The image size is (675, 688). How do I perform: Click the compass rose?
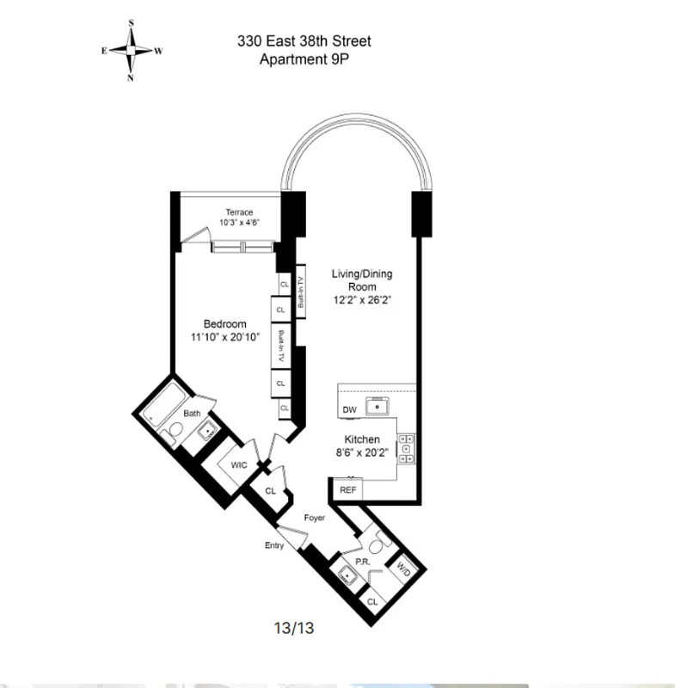pyautogui.click(x=132, y=50)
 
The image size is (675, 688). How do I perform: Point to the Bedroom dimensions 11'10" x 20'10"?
pyautogui.click(x=224, y=337)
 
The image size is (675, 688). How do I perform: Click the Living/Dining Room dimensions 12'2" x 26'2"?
pyautogui.click(x=362, y=300)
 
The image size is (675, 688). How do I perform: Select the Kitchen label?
pyautogui.click(x=362, y=439)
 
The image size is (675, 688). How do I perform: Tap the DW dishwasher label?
pyautogui.click(x=349, y=410)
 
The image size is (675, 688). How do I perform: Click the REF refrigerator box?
pyautogui.click(x=348, y=489)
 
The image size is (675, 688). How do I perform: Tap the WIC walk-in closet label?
pyautogui.click(x=239, y=464)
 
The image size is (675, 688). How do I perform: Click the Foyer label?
pyautogui.click(x=314, y=519)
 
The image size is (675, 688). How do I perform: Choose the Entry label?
pyautogui.click(x=274, y=546)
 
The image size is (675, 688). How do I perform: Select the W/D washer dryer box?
pyautogui.click(x=402, y=568)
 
